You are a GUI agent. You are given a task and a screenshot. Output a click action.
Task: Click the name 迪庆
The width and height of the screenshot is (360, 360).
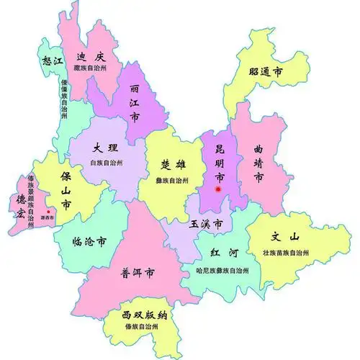point(95,55)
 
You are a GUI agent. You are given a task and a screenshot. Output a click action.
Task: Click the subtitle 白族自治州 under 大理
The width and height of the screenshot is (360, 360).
point(107,163)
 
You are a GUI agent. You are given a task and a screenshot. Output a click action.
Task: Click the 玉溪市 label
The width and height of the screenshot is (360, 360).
point(206,225)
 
